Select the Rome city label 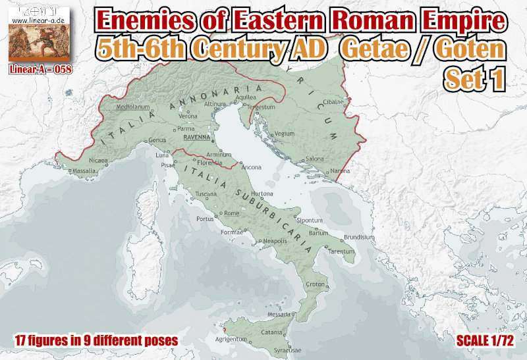[x=231, y=213]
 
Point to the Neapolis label [x=275, y=241]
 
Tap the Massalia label [x=84, y=171]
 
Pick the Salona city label [x=316, y=159]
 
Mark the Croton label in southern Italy [x=316, y=284]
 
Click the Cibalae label [x=333, y=103]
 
